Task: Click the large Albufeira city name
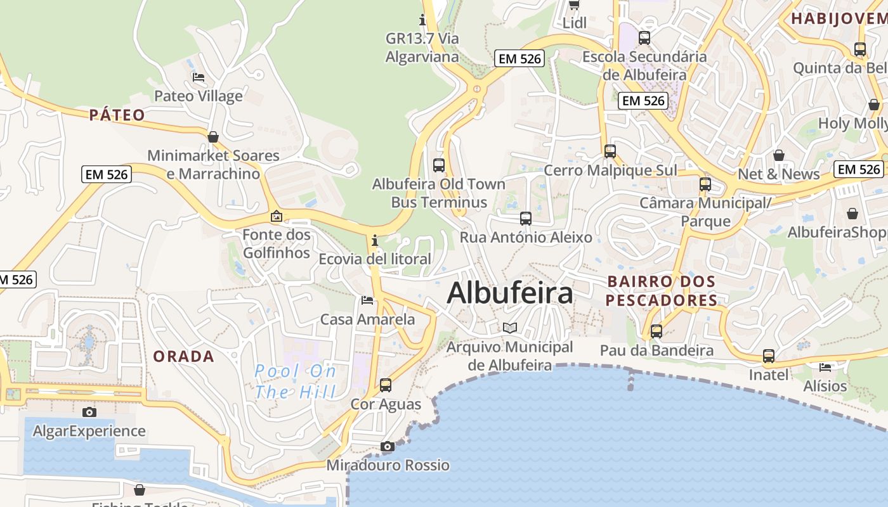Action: [510, 293]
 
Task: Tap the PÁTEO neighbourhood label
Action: [117, 115]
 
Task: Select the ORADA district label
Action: [184, 356]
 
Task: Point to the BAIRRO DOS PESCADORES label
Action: [662, 291]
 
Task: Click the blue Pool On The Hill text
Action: [296, 382]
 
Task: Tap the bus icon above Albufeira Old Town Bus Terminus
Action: [439, 165]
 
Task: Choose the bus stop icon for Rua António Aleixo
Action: [526, 219]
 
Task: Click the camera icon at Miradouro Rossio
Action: [388, 447]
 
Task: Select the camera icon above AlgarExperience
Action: [89, 412]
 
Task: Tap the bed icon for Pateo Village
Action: [199, 77]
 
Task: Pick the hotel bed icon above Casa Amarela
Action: [367, 300]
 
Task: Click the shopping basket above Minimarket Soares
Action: [213, 137]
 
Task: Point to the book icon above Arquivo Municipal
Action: [510, 328]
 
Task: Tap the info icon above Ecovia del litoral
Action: [375, 240]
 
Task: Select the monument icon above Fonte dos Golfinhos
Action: [277, 216]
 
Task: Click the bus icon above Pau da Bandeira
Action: [656, 331]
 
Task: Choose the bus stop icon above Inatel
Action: [769, 356]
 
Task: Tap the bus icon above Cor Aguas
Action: [386, 385]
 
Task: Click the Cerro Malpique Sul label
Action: [610, 170]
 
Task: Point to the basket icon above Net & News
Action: [779, 155]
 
